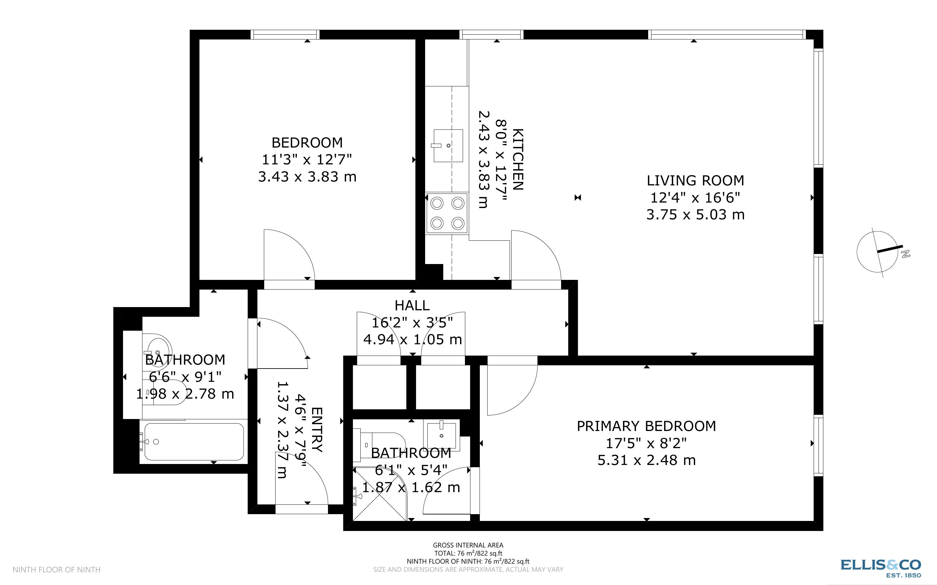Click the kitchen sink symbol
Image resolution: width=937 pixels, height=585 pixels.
pyautogui.click(x=448, y=146)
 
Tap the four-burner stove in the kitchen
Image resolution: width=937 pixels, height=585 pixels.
pyautogui.click(x=447, y=213)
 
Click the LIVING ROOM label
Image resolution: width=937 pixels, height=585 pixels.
pyautogui.click(x=695, y=180)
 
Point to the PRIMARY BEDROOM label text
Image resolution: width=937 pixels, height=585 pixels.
pyautogui.click(x=646, y=426)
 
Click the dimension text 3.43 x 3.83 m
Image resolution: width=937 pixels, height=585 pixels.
pyautogui.click(x=307, y=177)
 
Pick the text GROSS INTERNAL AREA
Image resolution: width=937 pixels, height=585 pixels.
pyautogui.click(x=468, y=545)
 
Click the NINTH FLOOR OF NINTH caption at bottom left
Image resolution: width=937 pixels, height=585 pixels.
pyautogui.click(x=57, y=569)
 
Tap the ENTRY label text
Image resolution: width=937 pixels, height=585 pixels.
pyautogui.click(x=317, y=430)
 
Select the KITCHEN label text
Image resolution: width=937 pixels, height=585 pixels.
pyautogui.click(x=517, y=160)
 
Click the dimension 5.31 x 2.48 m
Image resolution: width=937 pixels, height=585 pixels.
pyautogui.click(x=646, y=460)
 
